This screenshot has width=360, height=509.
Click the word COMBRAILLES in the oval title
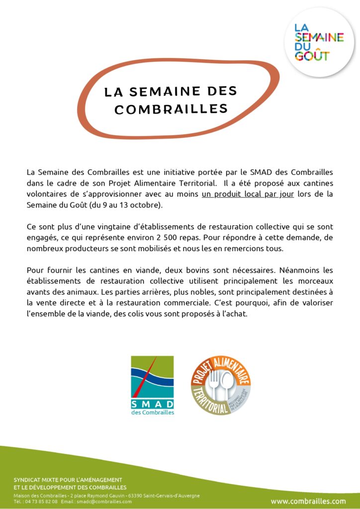coord(171,109)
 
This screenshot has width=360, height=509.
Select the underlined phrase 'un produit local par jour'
coord(248,194)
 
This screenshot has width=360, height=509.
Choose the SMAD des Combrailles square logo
coord(152,386)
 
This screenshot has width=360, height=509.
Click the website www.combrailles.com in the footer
coord(308,501)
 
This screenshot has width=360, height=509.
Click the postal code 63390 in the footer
coord(136,496)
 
